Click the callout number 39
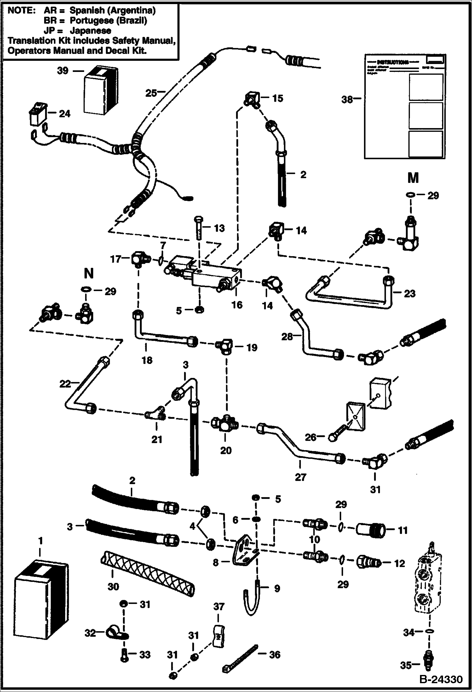click(x=62, y=71)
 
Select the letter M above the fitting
click(x=413, y=179)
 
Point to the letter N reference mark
click(x=89, y=273)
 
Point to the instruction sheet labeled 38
click(x=405, y=106)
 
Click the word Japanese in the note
click(x=90, y=31)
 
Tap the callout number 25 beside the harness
click(x=151, y=93)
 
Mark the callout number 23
click(x=410, y=294)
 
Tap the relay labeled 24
click(x=37, y=115)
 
